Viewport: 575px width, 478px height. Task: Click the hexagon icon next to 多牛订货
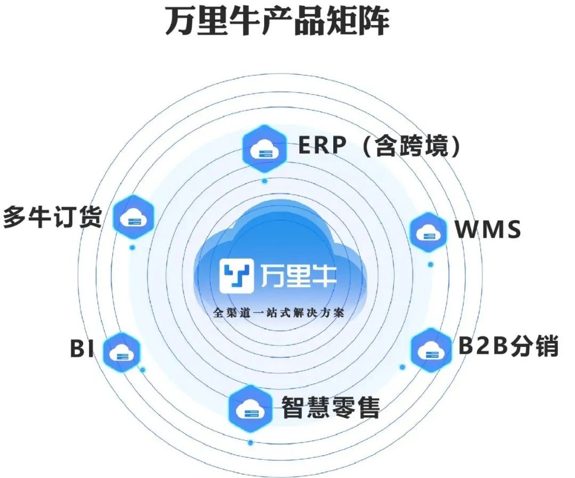point(134,217)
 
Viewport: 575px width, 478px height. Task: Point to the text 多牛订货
point(52,217)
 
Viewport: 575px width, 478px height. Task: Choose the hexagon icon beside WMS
point(428,232)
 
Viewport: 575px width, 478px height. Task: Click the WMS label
point(487,231)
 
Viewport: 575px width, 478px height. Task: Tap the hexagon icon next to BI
point(121,351)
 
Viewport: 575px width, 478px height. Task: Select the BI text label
point(81,349)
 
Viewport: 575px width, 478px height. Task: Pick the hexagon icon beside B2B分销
point(429,349)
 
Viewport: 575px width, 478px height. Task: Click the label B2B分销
point(508,347)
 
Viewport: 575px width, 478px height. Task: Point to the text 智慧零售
point(330,407)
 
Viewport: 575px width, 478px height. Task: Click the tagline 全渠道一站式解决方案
point(278,313)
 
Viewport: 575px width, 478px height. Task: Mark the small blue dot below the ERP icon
point(265,181)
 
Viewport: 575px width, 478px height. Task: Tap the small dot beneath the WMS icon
point(430,264)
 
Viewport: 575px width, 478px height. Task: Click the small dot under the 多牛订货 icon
point(132,248)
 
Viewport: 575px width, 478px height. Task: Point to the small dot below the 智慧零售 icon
point(250,442)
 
